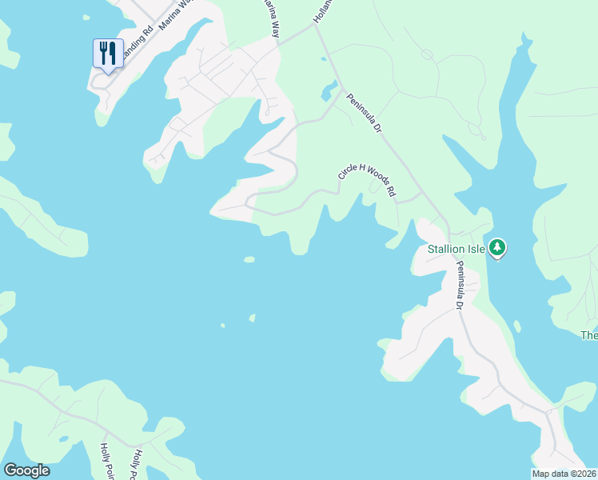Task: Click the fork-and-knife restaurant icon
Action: [108, 54]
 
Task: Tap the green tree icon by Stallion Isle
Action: [497, 248]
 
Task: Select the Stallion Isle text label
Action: [456, 249]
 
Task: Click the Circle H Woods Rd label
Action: [368, 181]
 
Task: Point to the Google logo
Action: [26, 470]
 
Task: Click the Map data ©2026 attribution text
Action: [564, 474]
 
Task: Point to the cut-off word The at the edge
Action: [589, 335]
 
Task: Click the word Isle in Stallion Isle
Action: [476, 249]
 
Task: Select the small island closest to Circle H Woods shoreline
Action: [249, 259]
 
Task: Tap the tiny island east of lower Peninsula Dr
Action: [517, 326]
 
